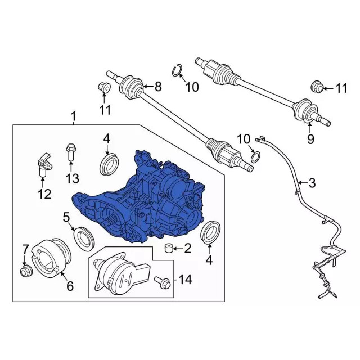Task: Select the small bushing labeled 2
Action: tap(168, 249)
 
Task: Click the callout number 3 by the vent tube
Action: tap(312, 183)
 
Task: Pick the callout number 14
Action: tap(185, 280)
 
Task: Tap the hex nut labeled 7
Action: tap(26, 271)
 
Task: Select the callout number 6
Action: tap(70, 286)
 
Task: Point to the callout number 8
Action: tap(158, 87)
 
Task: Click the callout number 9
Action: tap(310, 139)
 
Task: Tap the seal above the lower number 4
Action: tap(210, 232)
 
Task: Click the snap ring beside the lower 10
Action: tap(256, 157)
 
